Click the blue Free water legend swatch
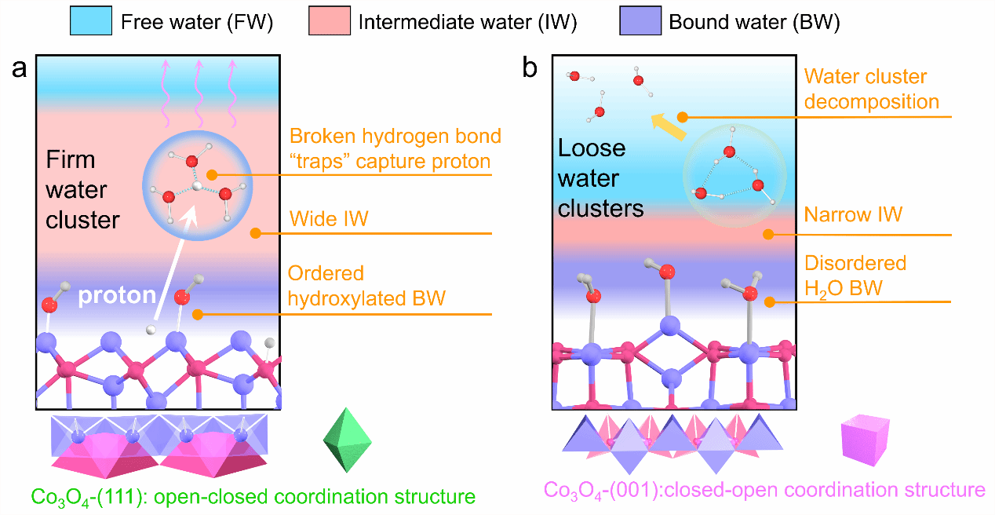point(92,22)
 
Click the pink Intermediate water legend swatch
point(328,22)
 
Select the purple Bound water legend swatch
point(639,22)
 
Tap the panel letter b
point(530,69)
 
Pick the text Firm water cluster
point(82,189)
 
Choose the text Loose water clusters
point(600,178)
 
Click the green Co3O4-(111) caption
point(253,497)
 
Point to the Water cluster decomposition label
point(871,89)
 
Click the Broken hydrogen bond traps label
point(394,148)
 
